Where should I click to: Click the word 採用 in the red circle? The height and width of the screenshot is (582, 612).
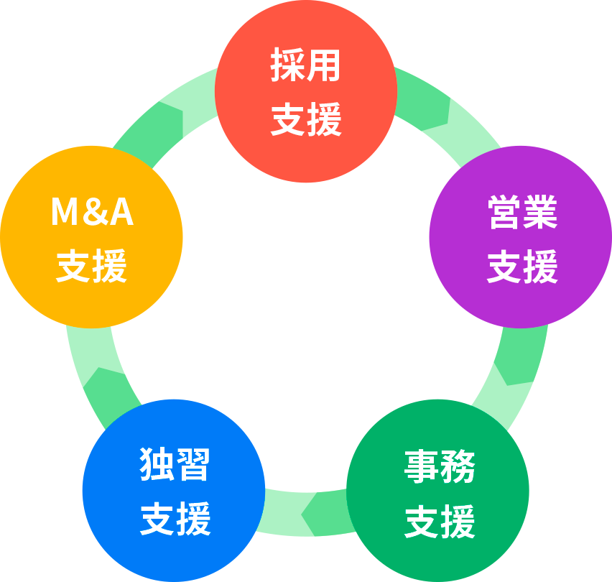305,67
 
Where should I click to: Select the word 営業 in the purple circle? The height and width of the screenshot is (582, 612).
522,213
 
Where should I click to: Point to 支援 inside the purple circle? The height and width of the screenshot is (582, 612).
522,267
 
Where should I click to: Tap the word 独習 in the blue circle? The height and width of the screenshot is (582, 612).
175,464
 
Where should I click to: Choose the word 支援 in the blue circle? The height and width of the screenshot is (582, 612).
175,519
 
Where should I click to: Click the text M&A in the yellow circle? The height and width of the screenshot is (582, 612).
92,213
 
